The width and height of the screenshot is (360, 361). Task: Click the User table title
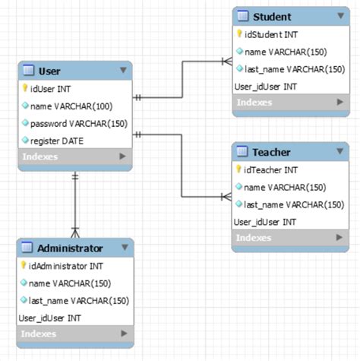50,71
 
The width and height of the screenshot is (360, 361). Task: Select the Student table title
271,16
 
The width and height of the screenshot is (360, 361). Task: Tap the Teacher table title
271,151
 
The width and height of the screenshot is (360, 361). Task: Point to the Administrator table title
70,248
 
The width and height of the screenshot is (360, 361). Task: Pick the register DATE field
57,140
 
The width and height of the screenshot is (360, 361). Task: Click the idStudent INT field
270,35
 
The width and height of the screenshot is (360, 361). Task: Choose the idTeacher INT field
270,170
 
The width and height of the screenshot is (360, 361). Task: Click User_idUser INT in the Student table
265,87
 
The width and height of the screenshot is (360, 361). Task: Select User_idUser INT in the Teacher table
265,222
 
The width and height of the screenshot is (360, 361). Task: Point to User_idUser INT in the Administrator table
50,318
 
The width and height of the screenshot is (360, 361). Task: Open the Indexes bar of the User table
74,157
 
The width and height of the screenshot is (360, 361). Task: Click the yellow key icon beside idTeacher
238,169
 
